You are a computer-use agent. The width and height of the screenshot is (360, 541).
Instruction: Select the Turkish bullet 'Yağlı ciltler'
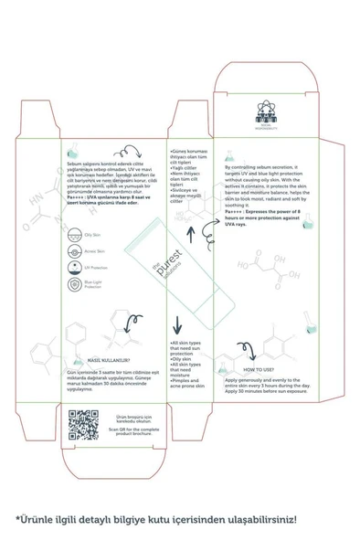[x=185, y=168]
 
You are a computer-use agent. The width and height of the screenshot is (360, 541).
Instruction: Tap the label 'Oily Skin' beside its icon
[x=91, y=235]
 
